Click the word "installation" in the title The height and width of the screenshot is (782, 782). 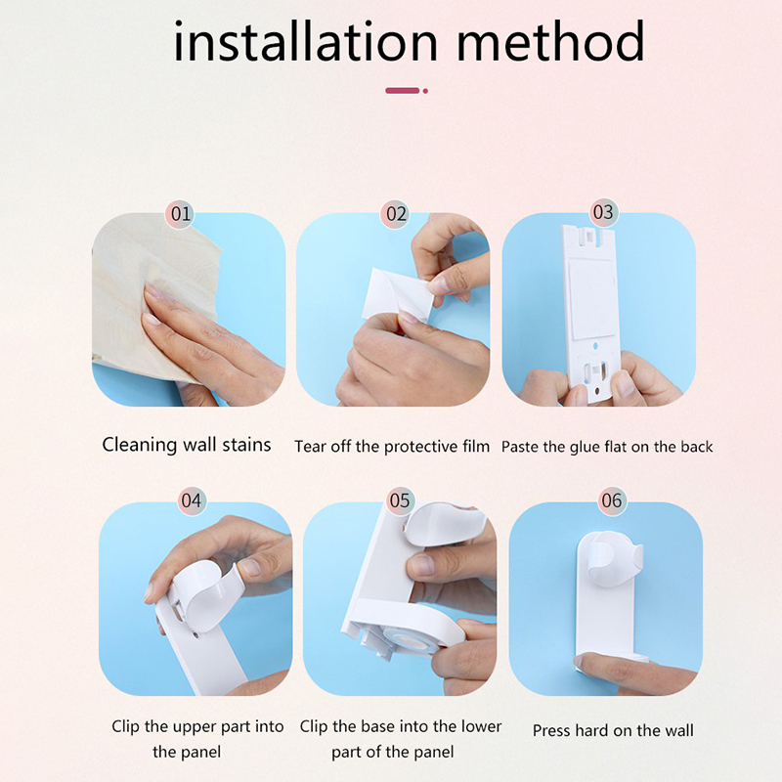click(x=305, y=41)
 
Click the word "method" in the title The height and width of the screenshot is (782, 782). click(x=550, y=41)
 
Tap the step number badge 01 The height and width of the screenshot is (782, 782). click(x=180, y=214)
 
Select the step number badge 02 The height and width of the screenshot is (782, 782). click(x=396, y=214)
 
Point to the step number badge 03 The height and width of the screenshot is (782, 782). click(x=603, y=212)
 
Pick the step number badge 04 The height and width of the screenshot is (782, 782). click(x=192, y=500)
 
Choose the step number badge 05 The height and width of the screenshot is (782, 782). click(x=400, y=500)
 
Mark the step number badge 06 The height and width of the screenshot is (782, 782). click(x=612, y=500)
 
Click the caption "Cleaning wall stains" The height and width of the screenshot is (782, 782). click(x=187, y=445)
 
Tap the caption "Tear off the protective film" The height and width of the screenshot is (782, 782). click(x=392, y=447)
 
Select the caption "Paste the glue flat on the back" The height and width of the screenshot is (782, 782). click(x=607, y=447)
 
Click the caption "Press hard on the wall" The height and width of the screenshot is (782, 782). click(x=613, y=730)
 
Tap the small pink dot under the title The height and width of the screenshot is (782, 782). click(x=425, y=91)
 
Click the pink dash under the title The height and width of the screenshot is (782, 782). click(x=403, y=91)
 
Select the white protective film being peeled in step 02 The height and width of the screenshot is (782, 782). click(x=398, y=294)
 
